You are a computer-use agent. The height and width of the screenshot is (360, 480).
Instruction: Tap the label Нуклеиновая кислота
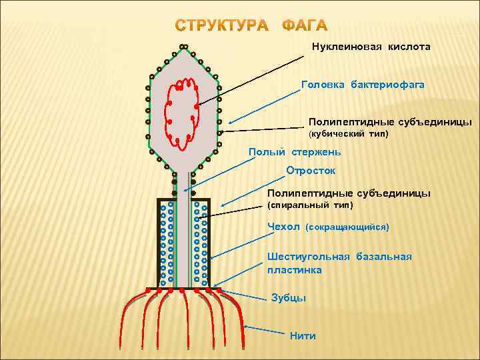pyautogui.click(x=371, y=47)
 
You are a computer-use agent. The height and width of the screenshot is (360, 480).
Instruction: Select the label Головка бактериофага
pyautogui.click(x=363, y=86)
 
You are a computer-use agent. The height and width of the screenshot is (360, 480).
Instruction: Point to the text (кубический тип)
pyautogui.click(x=348, y=135)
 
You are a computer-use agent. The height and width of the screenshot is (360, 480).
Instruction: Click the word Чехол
pyautogui.click(x=283, y=227)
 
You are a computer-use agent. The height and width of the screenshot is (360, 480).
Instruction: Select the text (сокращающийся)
pyautogui.click(x=347, y=228)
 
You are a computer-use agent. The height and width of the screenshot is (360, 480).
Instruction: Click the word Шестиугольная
pyautogui.click(x=308, y=257)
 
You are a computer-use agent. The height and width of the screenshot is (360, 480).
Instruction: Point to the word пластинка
pyautogui.click(x=294, y=270)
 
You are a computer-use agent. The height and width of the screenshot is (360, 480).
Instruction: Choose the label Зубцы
pyautogui.click(x=289, y=298)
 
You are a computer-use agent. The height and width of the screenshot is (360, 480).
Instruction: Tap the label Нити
pyautogui.click(x=303, y=335)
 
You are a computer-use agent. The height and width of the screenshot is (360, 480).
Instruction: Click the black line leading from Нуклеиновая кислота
pyautogui.click(x=253, y=76)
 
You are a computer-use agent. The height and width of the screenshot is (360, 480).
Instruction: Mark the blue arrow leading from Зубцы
pyautogui.click(x=245, y=295)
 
